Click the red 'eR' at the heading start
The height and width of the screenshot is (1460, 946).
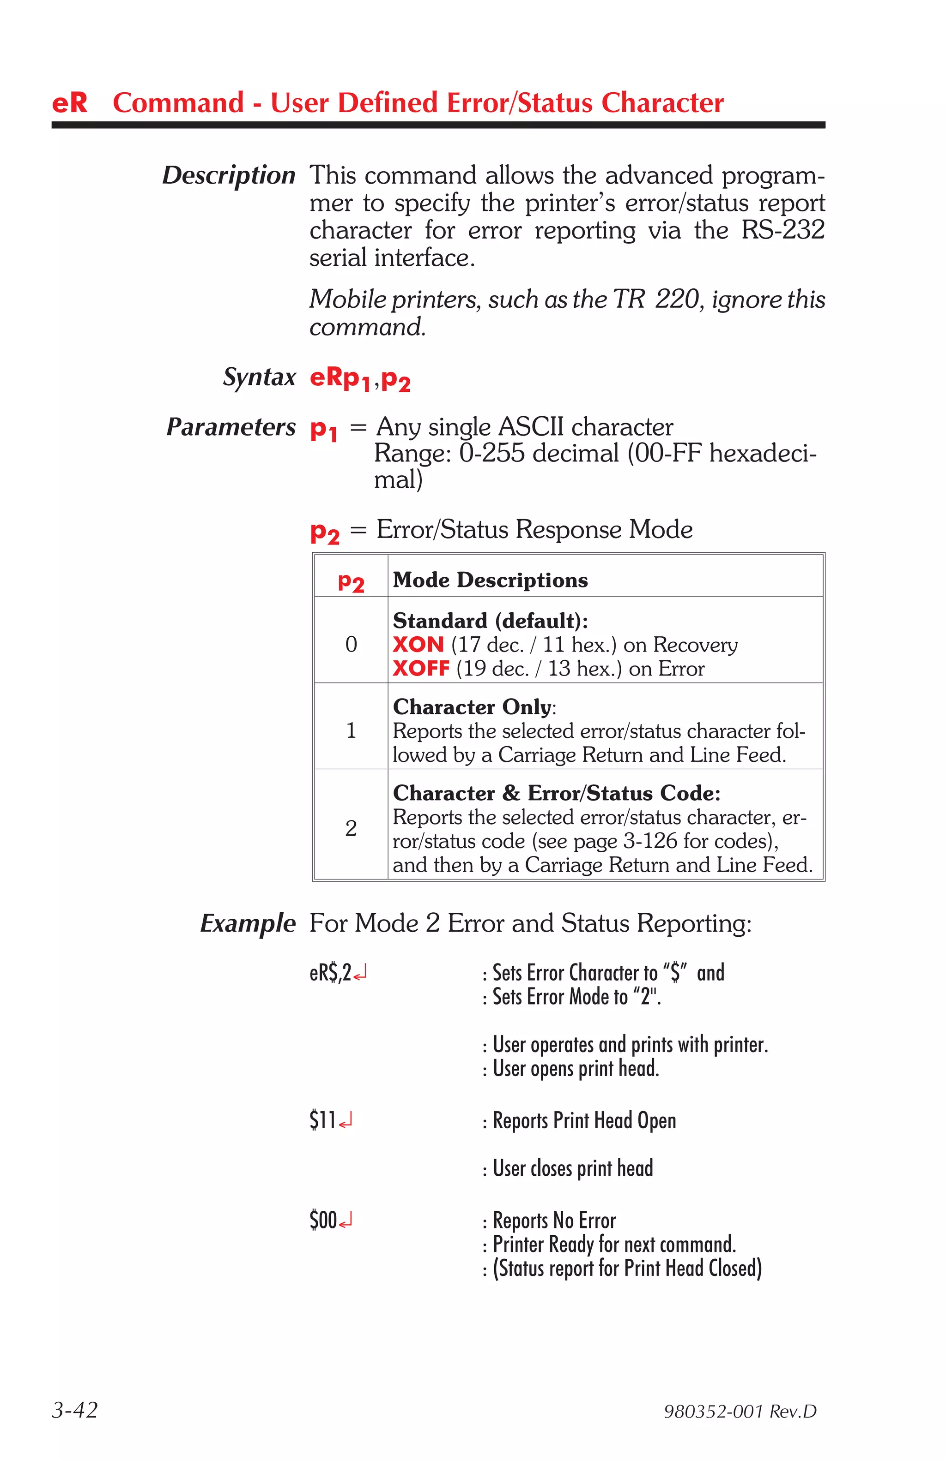(69, 103)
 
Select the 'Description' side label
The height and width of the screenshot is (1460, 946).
(228, 175)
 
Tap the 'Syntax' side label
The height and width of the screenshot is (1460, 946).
(259, 377)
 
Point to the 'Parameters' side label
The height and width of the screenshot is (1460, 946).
(231, 427)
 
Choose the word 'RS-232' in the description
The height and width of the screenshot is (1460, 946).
(782, 230)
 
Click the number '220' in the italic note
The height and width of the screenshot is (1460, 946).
(677, 299)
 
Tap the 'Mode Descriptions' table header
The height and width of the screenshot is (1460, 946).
(490, 580)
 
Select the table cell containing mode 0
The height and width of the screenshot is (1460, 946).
(351, 644)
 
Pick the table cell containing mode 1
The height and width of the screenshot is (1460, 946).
(351, 730)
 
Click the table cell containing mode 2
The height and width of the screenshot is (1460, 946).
(351, 828)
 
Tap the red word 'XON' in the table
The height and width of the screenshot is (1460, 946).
(418, 645)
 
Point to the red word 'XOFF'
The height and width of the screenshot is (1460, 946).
(421, 669)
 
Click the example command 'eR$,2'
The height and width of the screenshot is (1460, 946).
(330, 973)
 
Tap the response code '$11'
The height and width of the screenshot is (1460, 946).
(322, 1120)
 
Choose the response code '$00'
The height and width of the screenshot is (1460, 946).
(323, 1220)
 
